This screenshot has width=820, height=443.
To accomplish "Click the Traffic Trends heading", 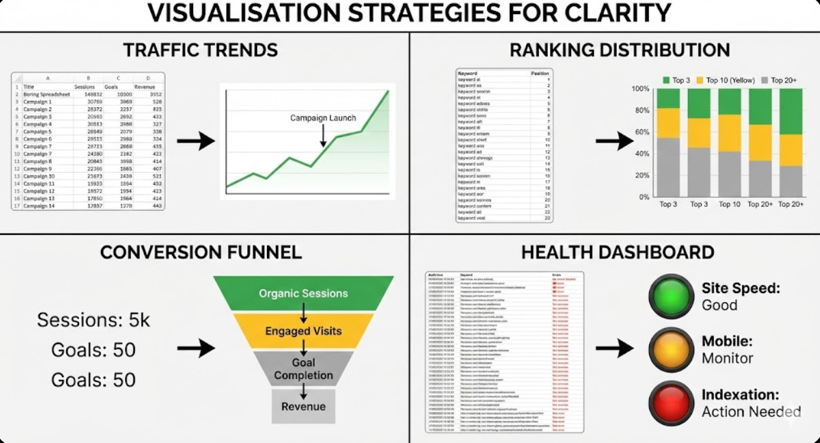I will click(x=200, y=50).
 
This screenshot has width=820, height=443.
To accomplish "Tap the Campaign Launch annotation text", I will click(x=323, y=118).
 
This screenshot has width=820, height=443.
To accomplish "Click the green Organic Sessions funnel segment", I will click(x=303, y=293).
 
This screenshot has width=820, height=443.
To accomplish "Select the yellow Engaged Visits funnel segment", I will click(x=303, y=331).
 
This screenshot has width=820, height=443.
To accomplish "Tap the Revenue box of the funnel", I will click(x=303, y=407).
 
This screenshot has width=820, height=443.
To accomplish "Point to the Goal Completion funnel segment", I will click(x=303, y=369).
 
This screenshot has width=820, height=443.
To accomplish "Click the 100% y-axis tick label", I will click(x=640, y=89).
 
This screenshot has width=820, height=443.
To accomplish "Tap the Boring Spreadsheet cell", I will click(x=46, y=94).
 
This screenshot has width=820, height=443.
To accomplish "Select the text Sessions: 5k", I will click(x=93, y=319).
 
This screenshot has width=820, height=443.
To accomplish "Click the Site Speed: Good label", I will click(x=740, y=296).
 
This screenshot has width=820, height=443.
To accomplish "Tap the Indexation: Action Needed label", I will click(x=750, y=403).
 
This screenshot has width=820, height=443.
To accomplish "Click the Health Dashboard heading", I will click(x=617, y=252).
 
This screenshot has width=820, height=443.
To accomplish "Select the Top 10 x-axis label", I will click(x=729, y=204).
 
